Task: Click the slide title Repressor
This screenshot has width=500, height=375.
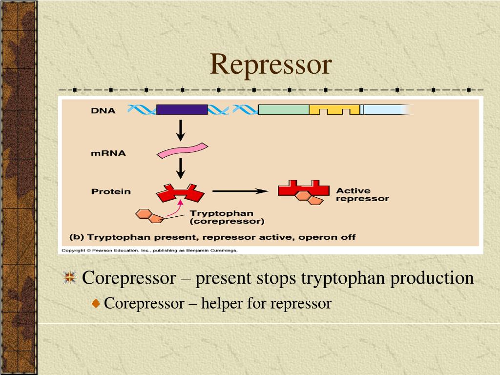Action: point(271,65)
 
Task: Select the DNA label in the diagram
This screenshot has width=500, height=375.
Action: point(103,110)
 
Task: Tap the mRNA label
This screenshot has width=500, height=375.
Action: point(108,153)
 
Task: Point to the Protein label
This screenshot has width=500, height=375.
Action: point(111,191)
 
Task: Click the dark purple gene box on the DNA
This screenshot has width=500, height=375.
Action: point(182,109)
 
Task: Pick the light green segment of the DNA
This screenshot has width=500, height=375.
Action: point(283,109)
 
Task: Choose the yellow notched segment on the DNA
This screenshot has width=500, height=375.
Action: point(334,110)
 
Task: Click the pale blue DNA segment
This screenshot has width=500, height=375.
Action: point(386,109)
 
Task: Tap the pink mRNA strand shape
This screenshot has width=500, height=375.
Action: point(182,150)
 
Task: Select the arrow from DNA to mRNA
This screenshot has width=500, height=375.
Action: point(181,130)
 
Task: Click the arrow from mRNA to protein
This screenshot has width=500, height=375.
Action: point(181,169)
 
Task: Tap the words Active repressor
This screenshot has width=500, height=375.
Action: point(362,194)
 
